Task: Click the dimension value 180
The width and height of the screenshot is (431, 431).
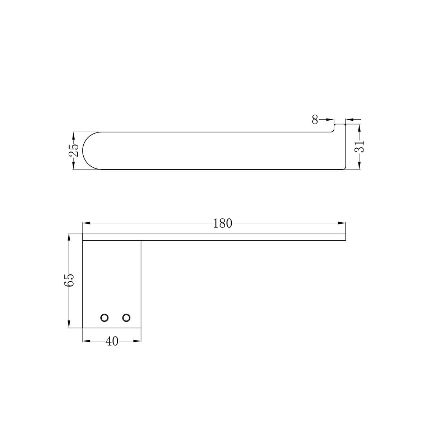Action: point(222,223)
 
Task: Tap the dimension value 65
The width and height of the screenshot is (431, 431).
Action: point(69,280)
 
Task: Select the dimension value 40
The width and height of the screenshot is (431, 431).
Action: point(112,341)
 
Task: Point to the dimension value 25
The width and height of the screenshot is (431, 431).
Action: point(74,150)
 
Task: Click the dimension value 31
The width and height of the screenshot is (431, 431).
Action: point(359,146)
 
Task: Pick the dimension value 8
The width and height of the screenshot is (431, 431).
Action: point(315,120)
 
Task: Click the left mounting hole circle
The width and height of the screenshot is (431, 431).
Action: point(105,318)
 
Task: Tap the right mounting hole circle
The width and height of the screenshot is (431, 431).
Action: point(126,318)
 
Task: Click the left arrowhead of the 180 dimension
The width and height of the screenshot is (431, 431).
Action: point(86,223)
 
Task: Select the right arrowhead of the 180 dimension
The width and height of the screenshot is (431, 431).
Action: point(342,223)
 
